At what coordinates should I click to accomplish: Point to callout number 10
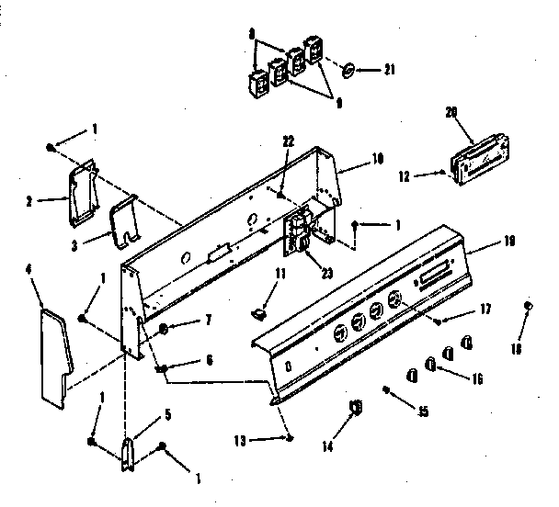pyautogui.click(x=376, y=158)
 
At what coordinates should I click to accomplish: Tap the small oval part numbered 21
pyautogui.click(x=348, y=70)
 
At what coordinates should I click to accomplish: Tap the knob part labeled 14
pyautogui.click(x=356, y=406)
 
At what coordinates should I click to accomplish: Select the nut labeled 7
pyautogui.click(x=164, y=327)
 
